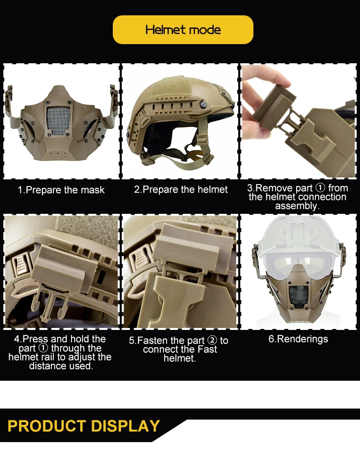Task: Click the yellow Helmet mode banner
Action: (183, 30)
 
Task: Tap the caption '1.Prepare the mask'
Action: (61, 190)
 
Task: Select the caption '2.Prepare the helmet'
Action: (181, 189)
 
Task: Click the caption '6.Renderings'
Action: (298, 339)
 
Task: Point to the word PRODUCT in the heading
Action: (47, 426)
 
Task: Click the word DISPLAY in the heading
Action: (125, 426)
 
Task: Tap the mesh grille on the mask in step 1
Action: (58, 120)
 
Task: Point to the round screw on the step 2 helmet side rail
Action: (203, 105)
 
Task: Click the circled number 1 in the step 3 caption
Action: (320, 188)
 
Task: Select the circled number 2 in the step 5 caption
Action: (212, 340)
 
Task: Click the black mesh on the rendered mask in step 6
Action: (299, 297)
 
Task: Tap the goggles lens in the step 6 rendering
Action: (299, 262)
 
